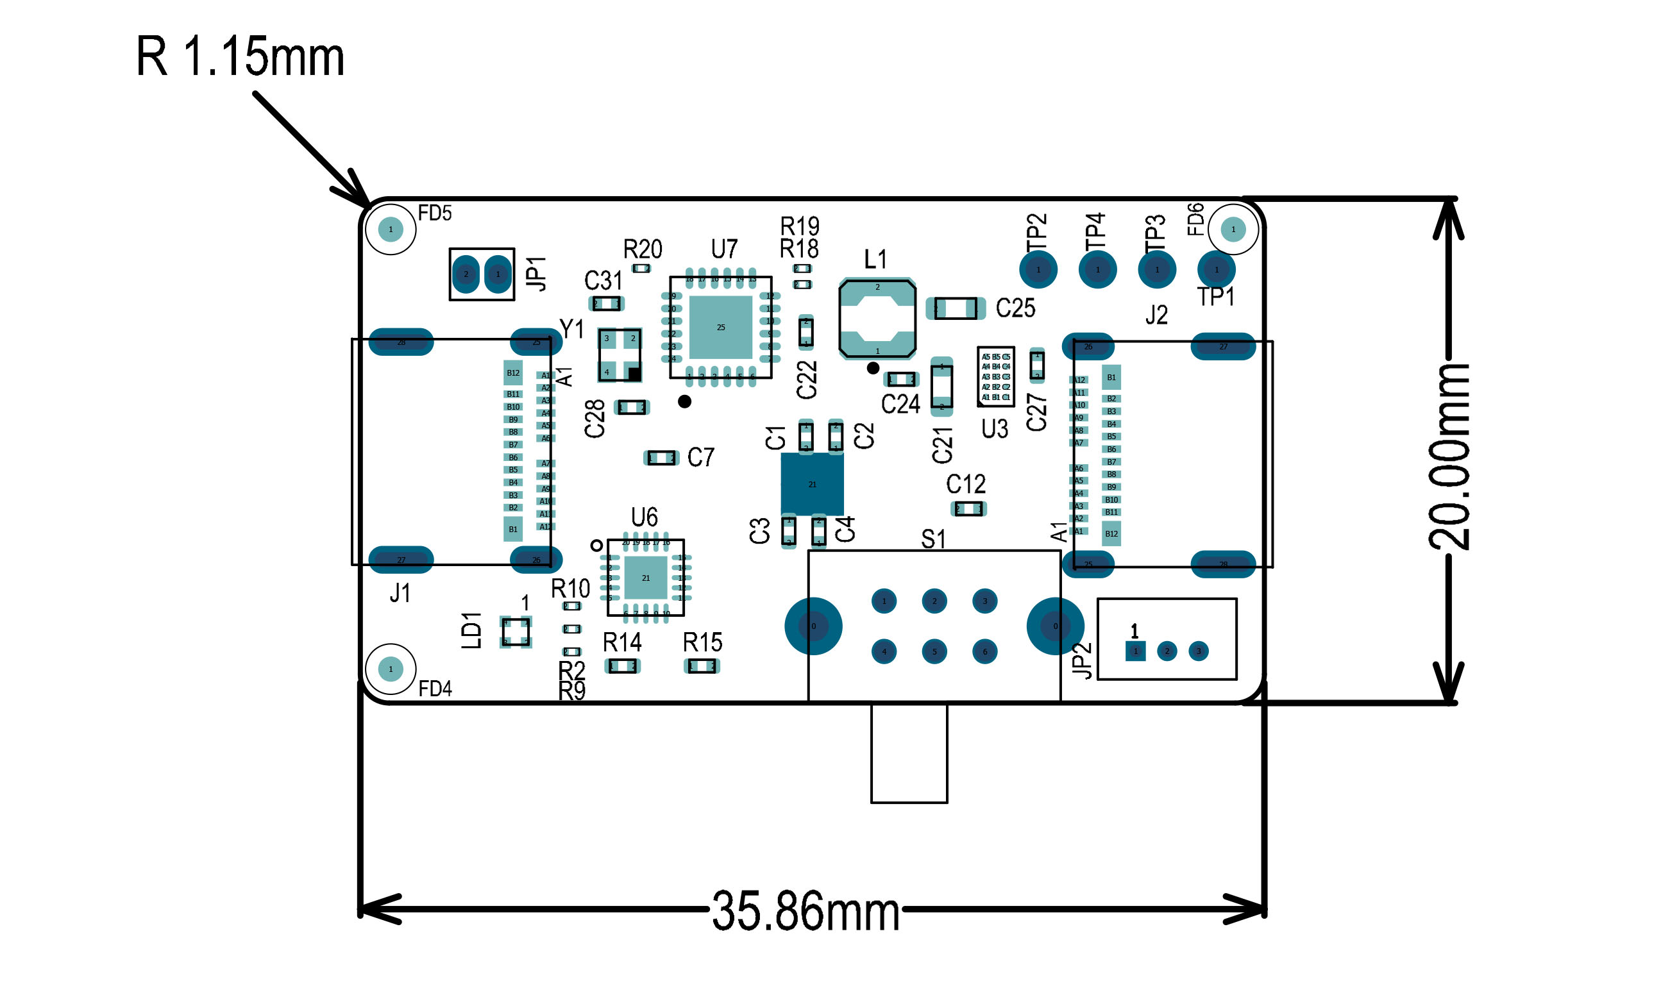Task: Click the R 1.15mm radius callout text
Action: [x=240, y=57]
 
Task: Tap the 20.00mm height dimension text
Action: [x=1448, y=457]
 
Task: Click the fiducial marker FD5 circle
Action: [x=391, y=230]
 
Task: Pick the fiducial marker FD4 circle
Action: [x=391, y=669]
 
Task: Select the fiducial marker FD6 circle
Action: [x=1233, y=230]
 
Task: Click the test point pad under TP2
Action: [x=1038, y=269]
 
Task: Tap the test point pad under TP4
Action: [x=1097, y=269]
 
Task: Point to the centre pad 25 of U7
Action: [x=721, y=328]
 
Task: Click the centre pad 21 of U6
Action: [x=646, y=578]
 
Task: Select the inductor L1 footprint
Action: [x=877, y=319]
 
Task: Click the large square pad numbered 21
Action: [x=812, y=485]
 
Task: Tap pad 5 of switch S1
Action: [x=934, y=651]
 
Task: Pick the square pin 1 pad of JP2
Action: [x=1135, y=651]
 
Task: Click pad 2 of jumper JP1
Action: [x=466, y=274]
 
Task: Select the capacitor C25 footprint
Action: [x=956, y=308]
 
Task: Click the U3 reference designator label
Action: [x=994, y=429]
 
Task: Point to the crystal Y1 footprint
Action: [x=619, y=355]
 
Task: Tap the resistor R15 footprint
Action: [x=702, y=666]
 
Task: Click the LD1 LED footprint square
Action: [x=516, y=632]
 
